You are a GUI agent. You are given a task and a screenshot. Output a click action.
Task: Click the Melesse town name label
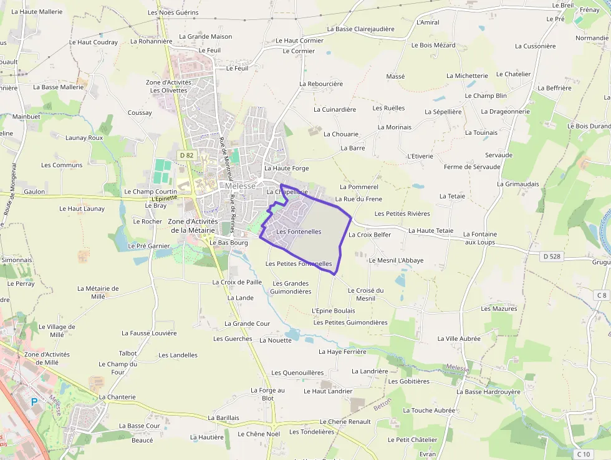241,186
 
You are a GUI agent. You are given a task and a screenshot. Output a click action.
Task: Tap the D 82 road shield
186,155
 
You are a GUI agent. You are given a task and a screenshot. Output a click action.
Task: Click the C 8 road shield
601,295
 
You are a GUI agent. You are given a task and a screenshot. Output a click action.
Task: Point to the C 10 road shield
583,454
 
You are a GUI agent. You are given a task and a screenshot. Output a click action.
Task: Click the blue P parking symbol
34,401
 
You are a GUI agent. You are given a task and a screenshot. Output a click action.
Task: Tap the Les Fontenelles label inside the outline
299,232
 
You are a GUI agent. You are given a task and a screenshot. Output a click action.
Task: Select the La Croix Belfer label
370,235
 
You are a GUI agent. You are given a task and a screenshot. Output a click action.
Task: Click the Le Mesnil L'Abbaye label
396,260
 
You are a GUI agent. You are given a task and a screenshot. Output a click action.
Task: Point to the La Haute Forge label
286,168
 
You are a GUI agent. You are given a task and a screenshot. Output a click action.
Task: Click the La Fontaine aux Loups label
479,237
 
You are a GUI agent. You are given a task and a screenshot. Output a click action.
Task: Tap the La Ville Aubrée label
459,338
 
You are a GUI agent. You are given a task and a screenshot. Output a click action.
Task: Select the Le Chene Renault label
345,422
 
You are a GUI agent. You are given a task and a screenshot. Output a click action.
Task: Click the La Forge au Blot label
267,394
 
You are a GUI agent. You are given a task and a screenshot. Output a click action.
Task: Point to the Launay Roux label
84,137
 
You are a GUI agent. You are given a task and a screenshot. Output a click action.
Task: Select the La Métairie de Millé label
98,292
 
